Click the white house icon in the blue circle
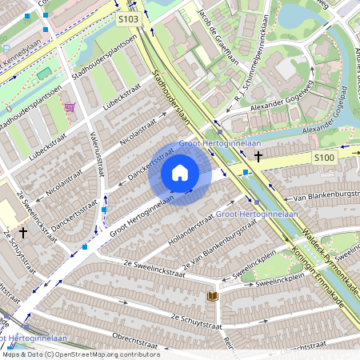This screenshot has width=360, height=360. point(180,173)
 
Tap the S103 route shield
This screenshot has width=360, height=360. point(127,18)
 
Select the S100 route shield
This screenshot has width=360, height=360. point(323,158)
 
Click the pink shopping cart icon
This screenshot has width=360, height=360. point(70,106)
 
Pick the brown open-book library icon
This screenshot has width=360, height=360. point(212,296)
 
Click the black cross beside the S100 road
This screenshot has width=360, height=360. point(258,155)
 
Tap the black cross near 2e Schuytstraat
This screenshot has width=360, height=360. point(23,232)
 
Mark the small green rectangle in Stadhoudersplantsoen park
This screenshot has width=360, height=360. point(45,74)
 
